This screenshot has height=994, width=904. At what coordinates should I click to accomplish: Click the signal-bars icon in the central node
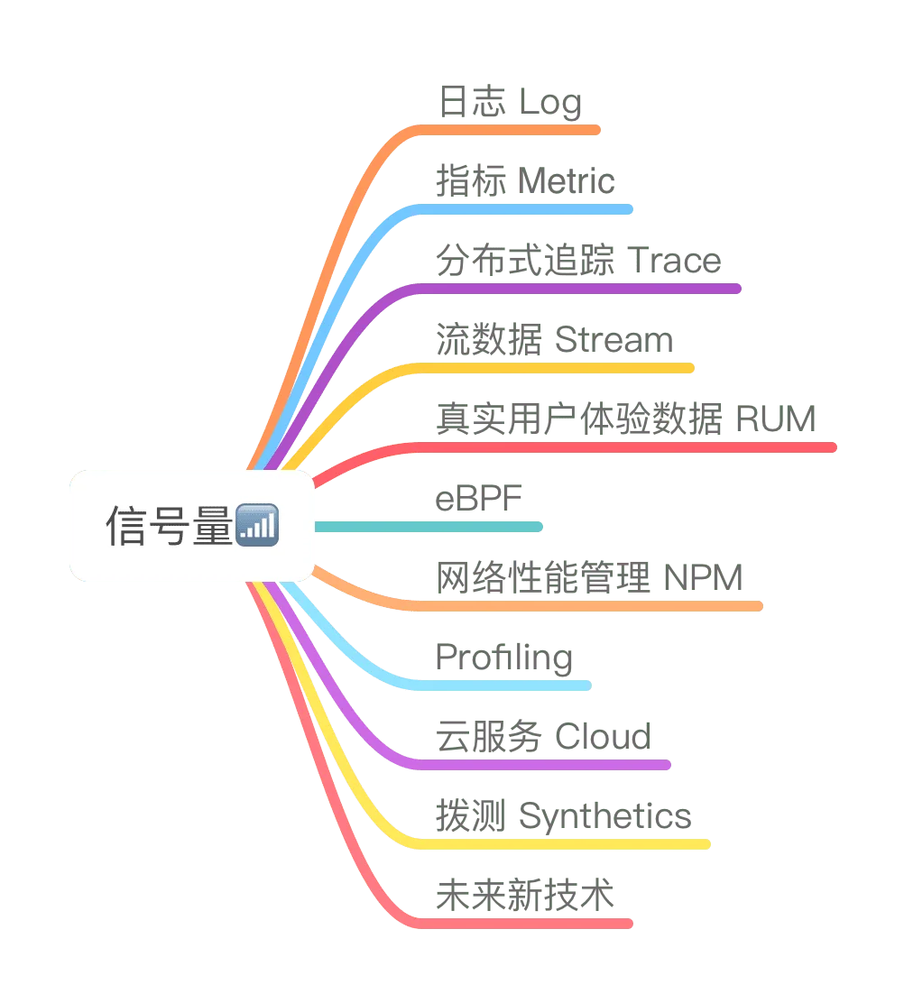coord(256,526)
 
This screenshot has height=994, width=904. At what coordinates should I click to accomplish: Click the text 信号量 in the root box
coord(170,526)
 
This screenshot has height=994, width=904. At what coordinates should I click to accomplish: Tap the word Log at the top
coord(551,103)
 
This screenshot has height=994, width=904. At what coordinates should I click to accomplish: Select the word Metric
coord(564,182)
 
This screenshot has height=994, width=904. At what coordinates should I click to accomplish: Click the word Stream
coord(615,341)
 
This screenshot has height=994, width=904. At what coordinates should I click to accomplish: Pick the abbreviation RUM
coord(776,419)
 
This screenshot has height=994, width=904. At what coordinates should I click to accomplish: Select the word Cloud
coord(602,737)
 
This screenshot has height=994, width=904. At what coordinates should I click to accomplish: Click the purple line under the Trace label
coord(577,289)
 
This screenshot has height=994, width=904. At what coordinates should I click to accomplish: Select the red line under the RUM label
coord(623,447)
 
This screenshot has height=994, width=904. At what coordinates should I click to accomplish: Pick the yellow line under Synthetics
coord(559,844)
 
